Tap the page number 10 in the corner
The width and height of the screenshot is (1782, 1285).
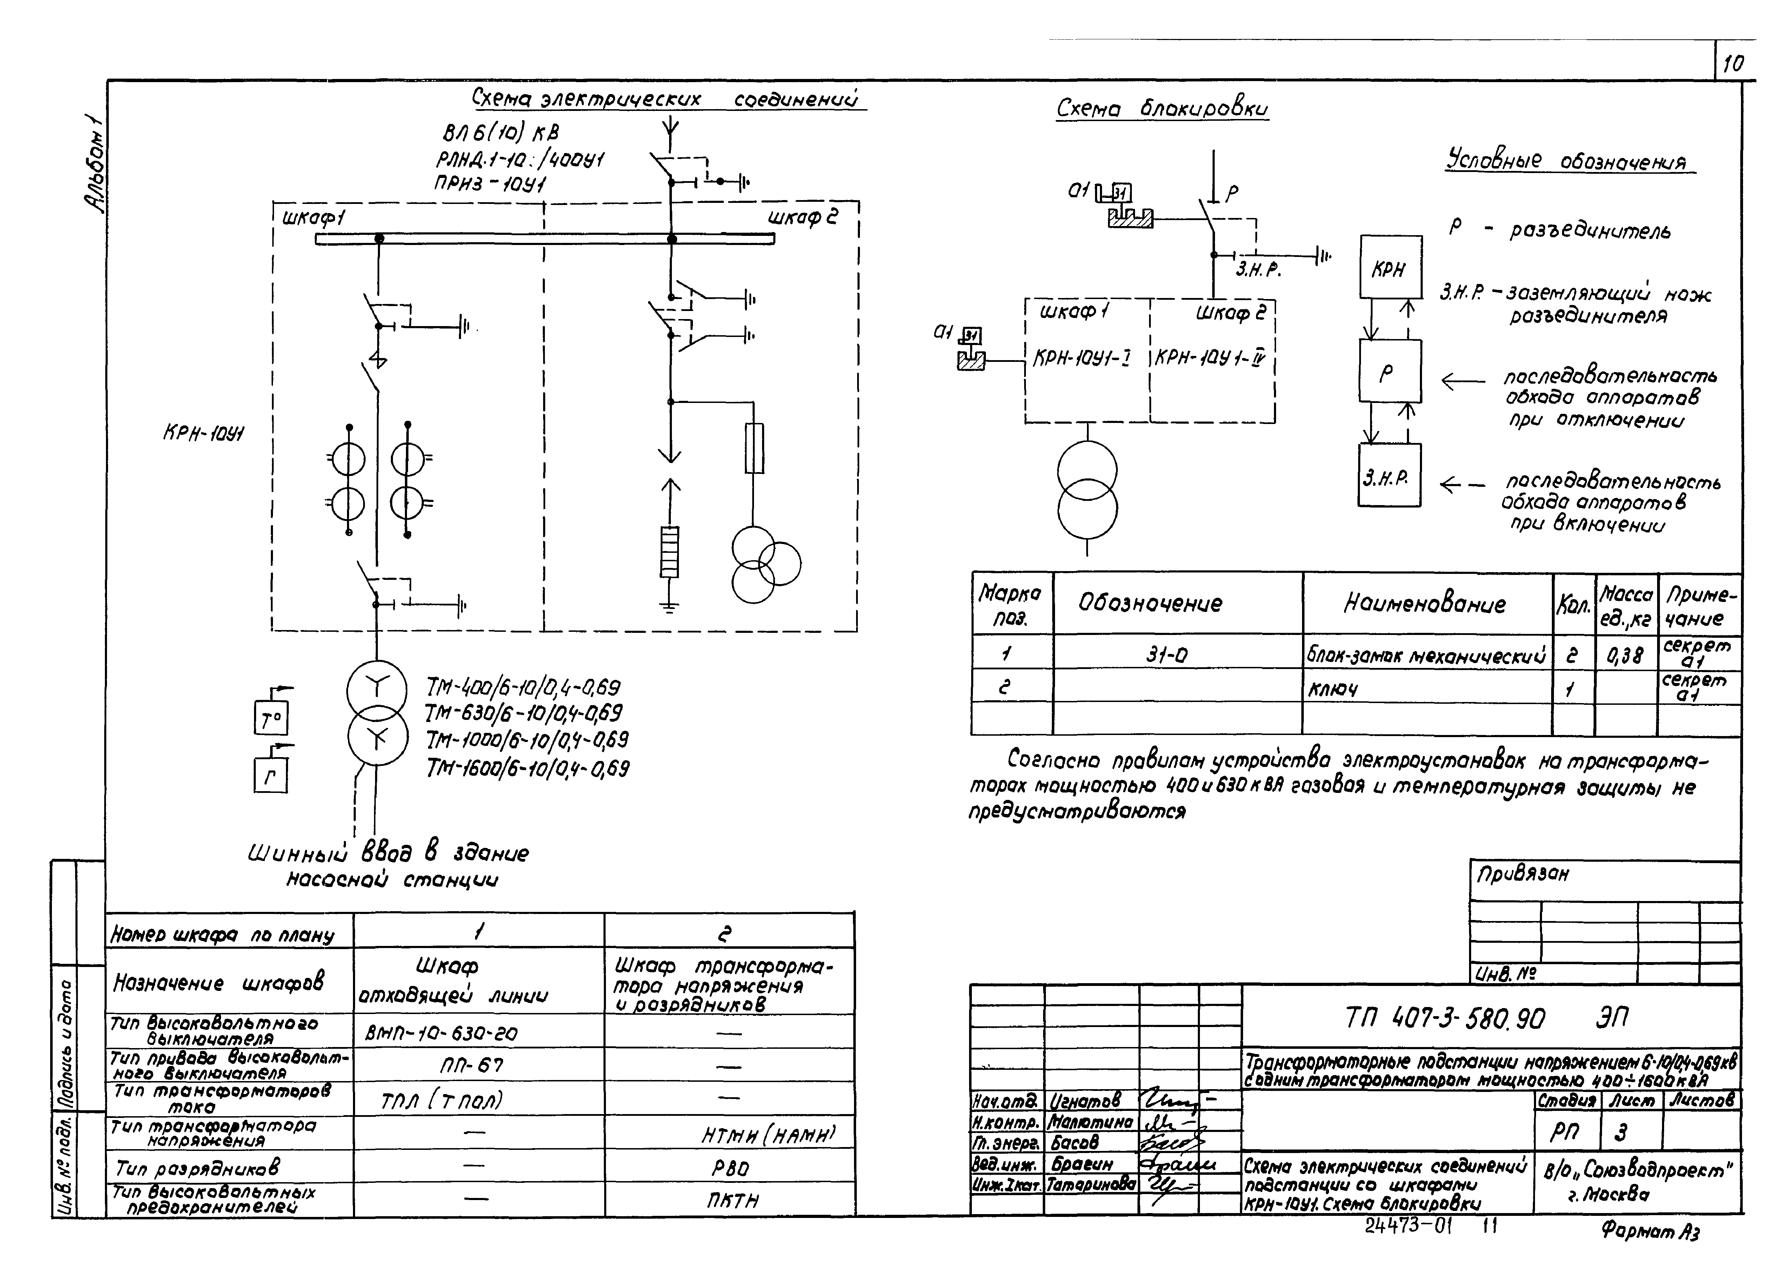pyautogui.click(x=1733, y=64)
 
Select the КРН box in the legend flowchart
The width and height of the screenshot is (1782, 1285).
pyautogui.click(x=1390, y=268)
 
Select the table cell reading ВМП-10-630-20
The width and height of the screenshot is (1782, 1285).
pyautogui.click(x=442, y=1033)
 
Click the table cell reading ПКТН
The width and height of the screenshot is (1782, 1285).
pyautogui.click(x=731, y=1200)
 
